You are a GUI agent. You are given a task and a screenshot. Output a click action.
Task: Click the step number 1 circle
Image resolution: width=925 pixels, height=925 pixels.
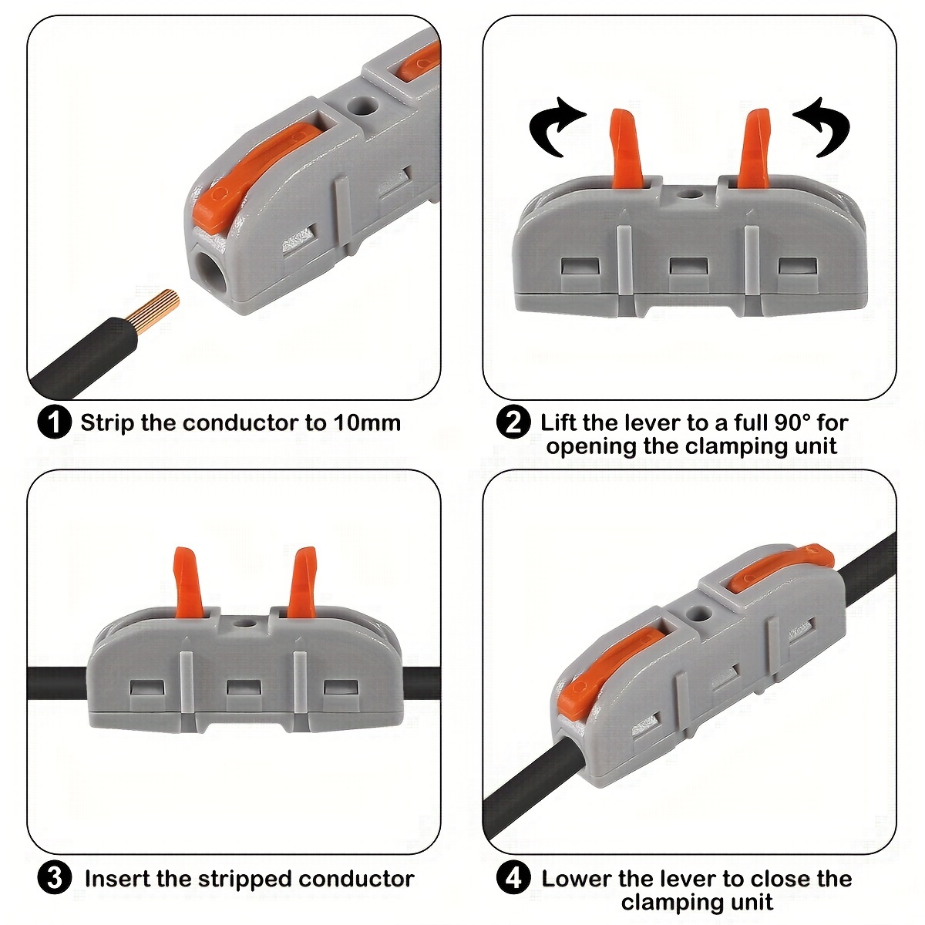(54, 423)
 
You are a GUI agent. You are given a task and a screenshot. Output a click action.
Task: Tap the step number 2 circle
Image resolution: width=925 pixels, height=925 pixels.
(513, 423)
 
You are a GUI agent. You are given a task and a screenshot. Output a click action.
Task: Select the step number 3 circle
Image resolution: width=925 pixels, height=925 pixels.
(54, 878)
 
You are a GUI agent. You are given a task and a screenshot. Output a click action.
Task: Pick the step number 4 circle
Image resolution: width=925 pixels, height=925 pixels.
(513, 878)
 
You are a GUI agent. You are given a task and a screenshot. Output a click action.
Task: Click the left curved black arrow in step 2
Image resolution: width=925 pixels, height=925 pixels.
(556, 127)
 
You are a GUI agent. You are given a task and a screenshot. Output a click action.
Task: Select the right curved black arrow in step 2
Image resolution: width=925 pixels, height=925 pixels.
(822, 127)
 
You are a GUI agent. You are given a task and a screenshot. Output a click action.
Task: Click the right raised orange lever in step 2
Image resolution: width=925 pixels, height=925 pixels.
(754, 149)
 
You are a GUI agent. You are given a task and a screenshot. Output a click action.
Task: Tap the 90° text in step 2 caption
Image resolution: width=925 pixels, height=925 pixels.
(792, 422)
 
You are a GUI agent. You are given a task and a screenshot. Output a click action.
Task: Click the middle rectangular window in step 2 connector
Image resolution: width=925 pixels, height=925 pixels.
(689, 267)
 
